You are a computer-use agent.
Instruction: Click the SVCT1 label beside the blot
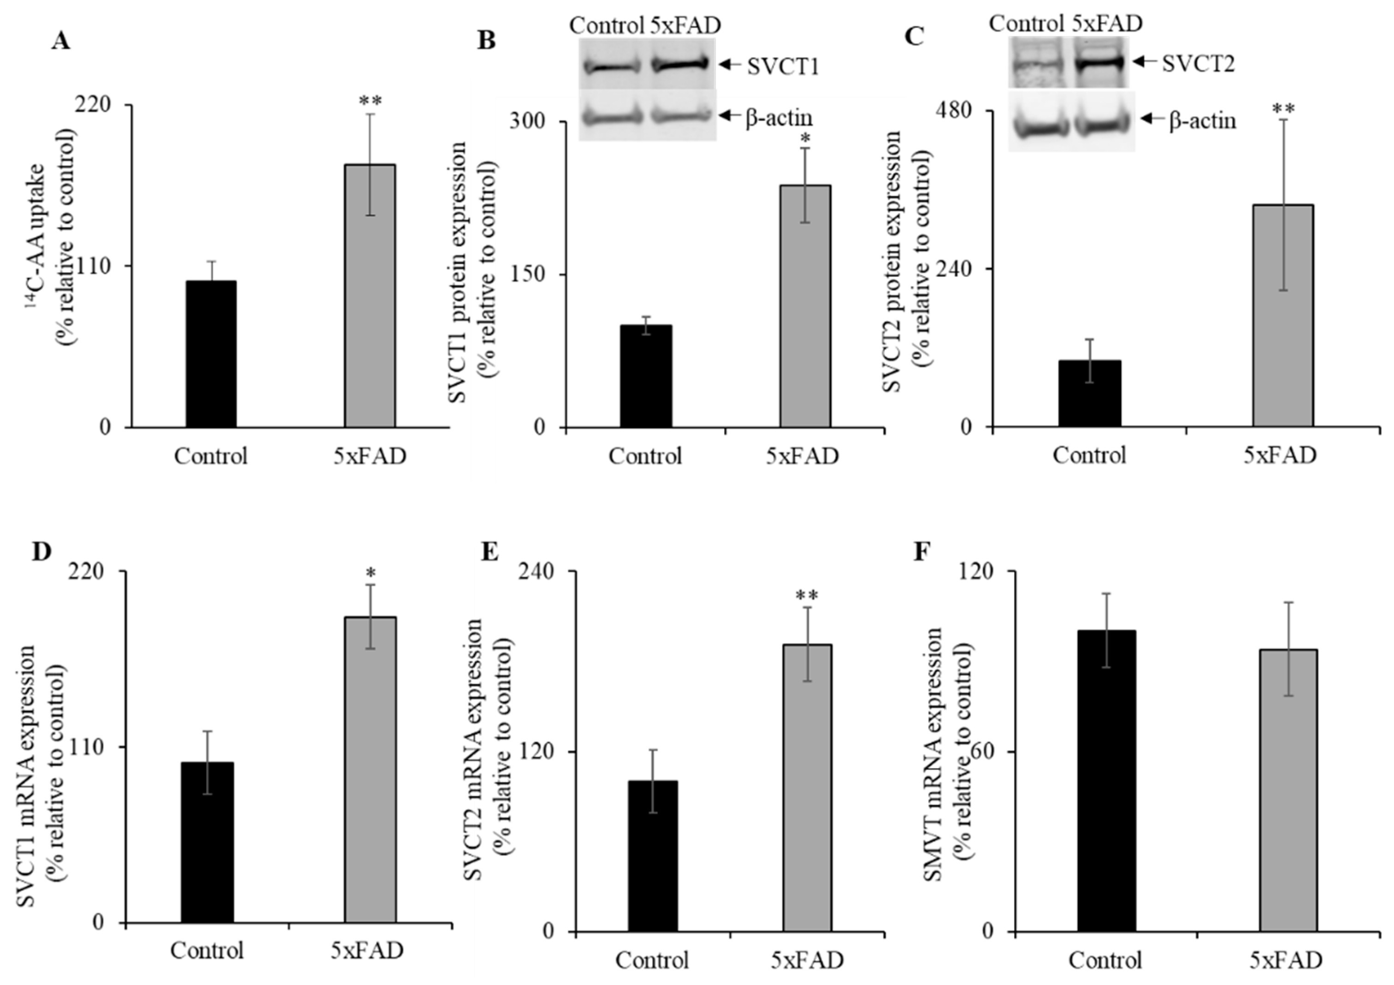[x=782, y=66]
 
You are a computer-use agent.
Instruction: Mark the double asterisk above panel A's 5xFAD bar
[x=370, y=100]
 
